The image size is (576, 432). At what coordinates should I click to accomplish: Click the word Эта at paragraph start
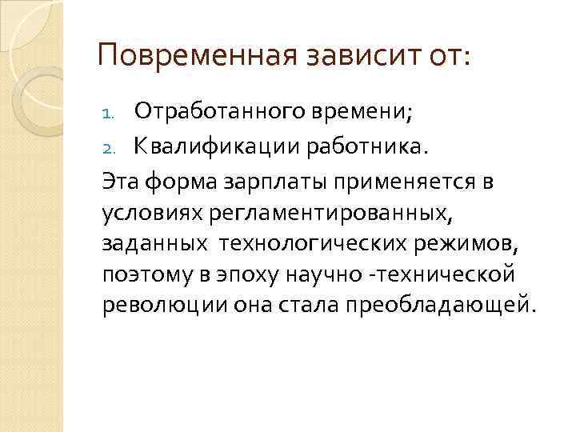[119, 181]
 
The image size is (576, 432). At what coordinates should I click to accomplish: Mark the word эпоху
[231, 276]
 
